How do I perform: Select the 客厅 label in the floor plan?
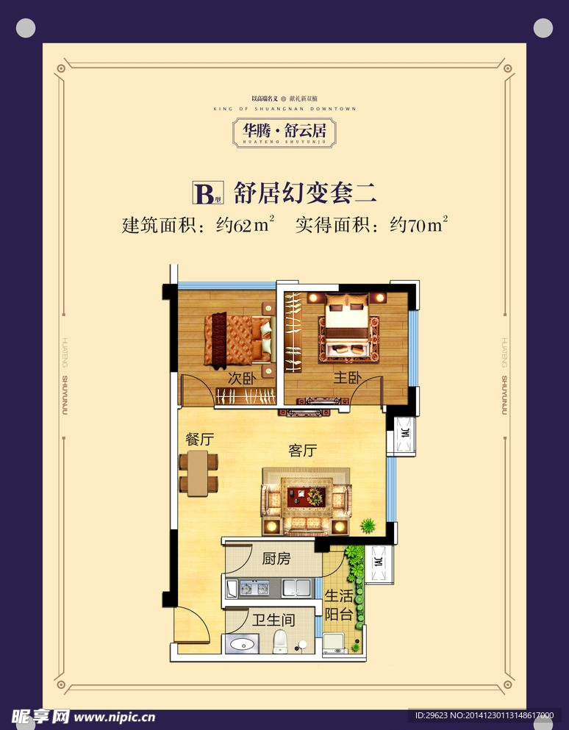click(x=302, y=451)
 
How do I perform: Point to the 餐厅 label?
click(x=199, y=439)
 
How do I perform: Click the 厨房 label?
click(x=276, y=559)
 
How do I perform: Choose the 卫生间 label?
click(x=273, y=620)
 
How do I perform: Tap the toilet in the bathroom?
click(x=279, y=642)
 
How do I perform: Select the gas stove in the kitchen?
click(x=253, y=587)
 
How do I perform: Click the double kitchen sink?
click(x=296, y=587)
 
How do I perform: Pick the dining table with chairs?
click(x=198, y=473)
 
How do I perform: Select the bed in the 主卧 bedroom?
click(x=348, y=326)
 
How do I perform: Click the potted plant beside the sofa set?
click(x=367, y=525)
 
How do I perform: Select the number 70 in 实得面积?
click(x=417, y=226)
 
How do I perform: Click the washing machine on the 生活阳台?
click(x=337, y=643)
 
